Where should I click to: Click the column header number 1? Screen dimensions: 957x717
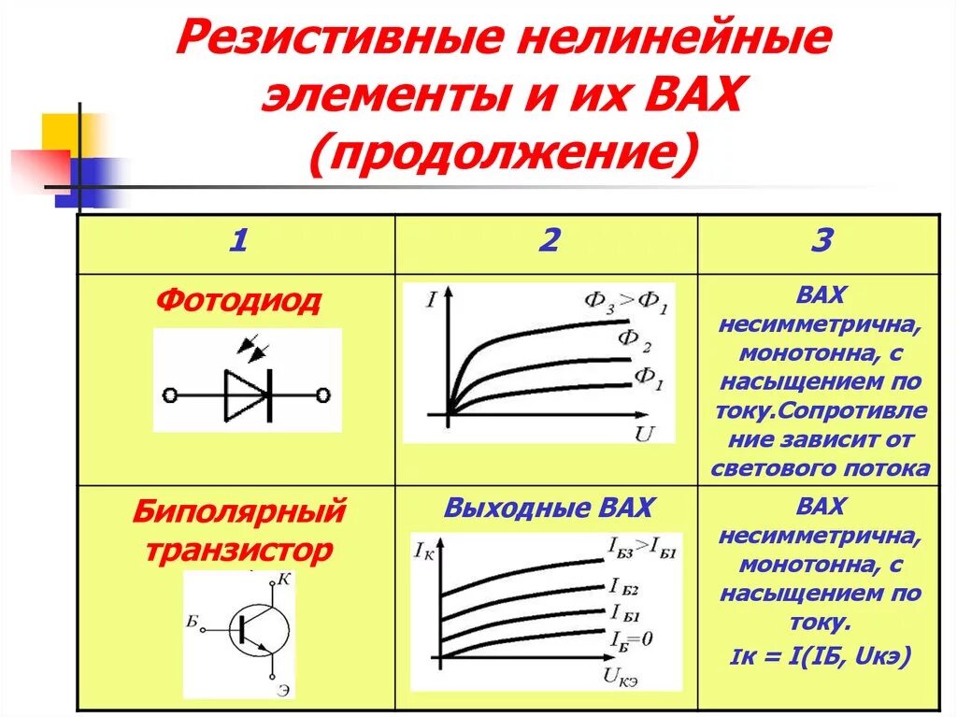237,242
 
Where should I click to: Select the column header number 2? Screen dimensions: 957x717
548,242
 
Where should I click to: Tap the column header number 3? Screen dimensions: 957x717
821,242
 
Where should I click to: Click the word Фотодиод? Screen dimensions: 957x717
238,300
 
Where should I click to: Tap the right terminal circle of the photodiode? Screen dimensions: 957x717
323,395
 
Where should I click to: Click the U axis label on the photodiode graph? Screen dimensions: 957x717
643,433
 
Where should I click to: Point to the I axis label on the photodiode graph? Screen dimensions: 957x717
431,301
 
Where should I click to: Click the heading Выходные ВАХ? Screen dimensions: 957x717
549,509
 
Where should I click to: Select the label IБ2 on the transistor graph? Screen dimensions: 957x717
623,588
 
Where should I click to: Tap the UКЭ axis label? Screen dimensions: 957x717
622,680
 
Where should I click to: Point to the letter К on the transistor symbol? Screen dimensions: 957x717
286,580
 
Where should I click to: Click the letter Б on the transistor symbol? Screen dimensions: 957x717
193,620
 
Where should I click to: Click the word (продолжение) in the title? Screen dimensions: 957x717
504,152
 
